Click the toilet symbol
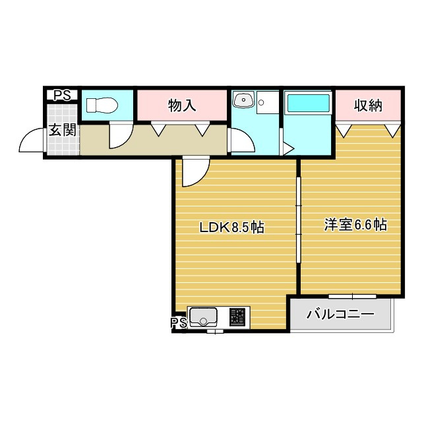(102, 105)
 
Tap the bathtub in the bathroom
(309, 103)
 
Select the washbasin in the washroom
(244, 100)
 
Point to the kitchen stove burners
(237, 316)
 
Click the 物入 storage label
(182, 105)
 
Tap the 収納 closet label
(368, 105)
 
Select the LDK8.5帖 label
(231, 227)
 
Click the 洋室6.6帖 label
(356, 225)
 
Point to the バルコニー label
(340, 314)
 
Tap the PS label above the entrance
(62, 95)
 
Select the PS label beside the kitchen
(179, 322)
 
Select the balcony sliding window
(352, 296)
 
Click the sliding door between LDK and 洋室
(299, 220)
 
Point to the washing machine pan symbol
(268, 102)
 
